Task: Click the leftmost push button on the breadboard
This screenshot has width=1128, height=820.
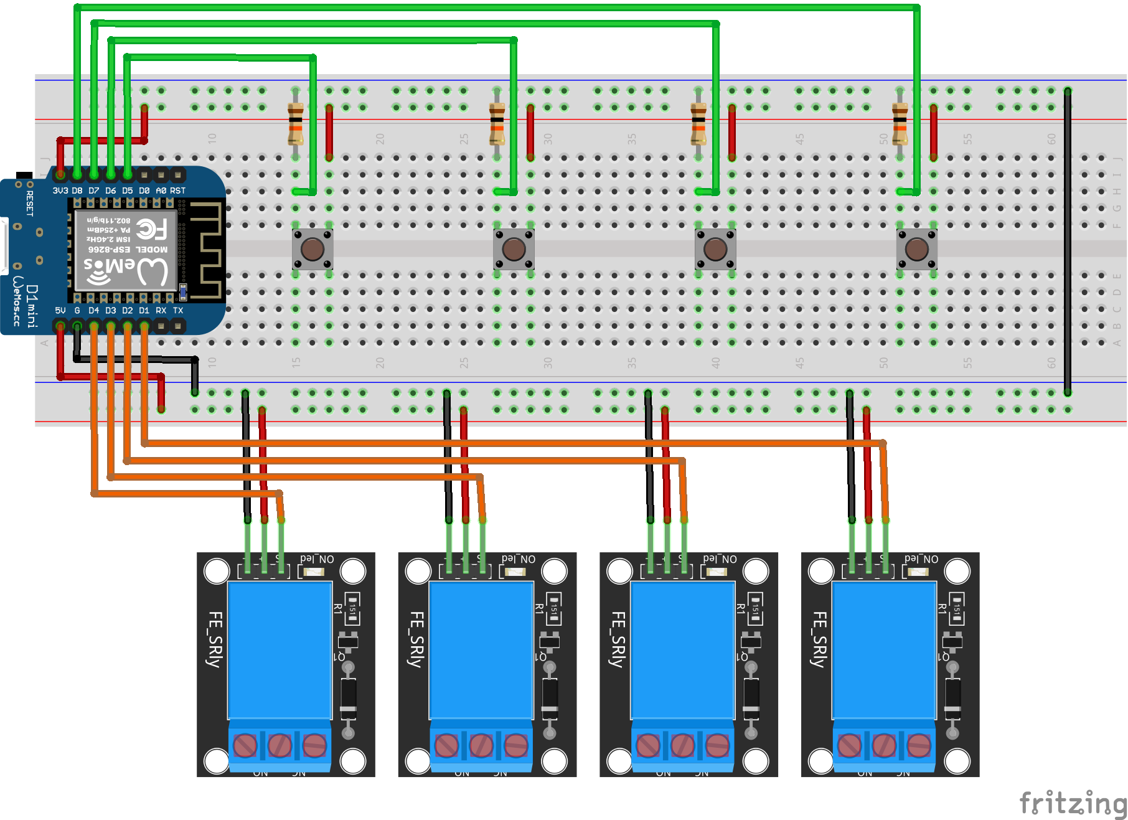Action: [313, 249]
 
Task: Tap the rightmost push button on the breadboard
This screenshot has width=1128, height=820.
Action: [916, 249]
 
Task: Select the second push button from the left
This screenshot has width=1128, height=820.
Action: [514, 249]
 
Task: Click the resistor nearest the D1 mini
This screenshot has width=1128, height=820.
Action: [296, 124]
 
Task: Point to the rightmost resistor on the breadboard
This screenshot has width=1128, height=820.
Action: [900, 124]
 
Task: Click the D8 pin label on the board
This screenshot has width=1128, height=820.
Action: [77, 191]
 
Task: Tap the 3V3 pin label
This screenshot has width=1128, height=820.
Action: [60, 191]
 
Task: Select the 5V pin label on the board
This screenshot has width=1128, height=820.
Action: [60, 310]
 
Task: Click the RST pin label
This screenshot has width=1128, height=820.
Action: [177, 191]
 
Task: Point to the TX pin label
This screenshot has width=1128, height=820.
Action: [178, 310]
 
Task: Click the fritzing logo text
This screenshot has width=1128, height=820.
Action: [1073, 803]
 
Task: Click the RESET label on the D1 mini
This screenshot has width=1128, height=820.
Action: [29, 203]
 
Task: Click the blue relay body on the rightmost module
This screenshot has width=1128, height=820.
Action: [884, 651]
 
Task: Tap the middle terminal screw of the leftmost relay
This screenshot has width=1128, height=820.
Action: [280, 745]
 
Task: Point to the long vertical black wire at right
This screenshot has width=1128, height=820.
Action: [1068, 243]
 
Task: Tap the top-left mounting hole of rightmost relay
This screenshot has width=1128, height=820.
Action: [821, 571]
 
